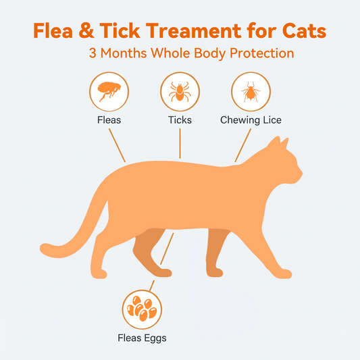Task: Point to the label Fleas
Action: tap(109, 120)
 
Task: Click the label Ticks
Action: tap(180, 120)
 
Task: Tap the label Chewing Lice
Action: tap(251, 120)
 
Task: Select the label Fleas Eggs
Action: tap(142, 338)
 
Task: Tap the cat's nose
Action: tap(301, 178)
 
